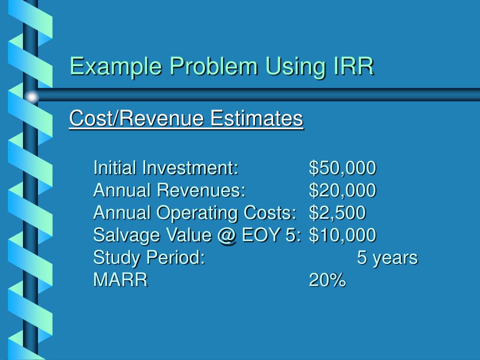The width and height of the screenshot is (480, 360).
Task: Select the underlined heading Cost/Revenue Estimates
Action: pos(186,119)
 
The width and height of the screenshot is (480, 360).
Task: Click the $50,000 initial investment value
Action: pos(342,168)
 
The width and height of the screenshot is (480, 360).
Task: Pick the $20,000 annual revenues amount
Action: pos(342,190)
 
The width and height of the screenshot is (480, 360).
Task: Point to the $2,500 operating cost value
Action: pos(337,213)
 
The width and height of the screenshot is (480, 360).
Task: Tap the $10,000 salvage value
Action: pos(342,235)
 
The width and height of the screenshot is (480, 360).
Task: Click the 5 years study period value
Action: pos(387,257)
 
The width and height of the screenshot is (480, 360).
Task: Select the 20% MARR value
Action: pos(327,280)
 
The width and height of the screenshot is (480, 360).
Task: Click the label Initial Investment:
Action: pos(166,168)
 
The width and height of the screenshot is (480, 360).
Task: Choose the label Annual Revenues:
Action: pos(169,190)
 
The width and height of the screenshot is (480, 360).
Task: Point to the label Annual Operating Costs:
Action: pos(195,213)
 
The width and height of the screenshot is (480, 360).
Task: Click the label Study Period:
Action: pos(149,257)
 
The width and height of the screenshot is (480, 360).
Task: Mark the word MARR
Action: pos(120,280)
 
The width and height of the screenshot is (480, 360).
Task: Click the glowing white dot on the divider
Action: pos(31,97)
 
